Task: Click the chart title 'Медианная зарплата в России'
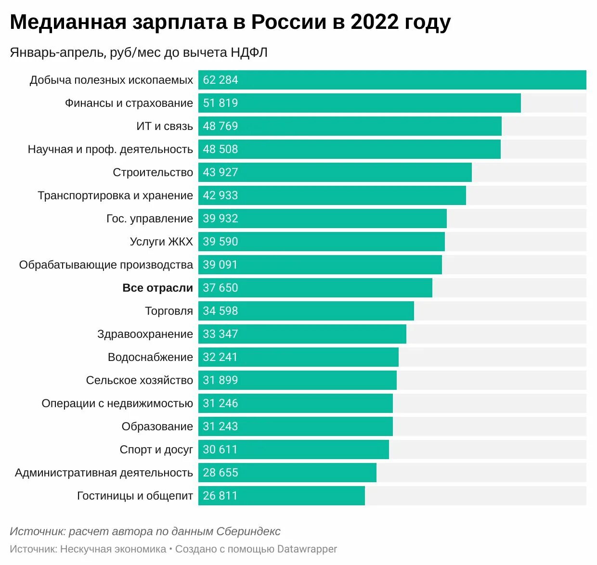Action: point(230,22)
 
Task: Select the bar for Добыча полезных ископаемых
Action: point(392,80)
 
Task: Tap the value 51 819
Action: point(221,103)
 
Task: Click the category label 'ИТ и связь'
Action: point(165,126)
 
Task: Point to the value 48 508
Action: point(221,149)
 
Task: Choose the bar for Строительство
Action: point(335,172)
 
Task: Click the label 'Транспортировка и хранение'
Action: point(116,195)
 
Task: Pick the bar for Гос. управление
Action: point(323,218)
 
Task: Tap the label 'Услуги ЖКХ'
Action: point(161,242)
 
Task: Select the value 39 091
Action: point(221,265)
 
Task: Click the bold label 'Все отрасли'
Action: point(157,288)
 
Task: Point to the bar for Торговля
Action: point(306,311)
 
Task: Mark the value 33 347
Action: point(221,334)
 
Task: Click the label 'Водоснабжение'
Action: point(150,357)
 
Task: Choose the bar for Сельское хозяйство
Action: point(298,380)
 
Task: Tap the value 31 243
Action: point(221,426)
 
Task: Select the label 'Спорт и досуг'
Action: point(156,449)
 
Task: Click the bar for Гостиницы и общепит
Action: point(282,496)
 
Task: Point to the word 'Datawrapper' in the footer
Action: point(307,549)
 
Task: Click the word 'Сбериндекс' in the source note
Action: point(248,531)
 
